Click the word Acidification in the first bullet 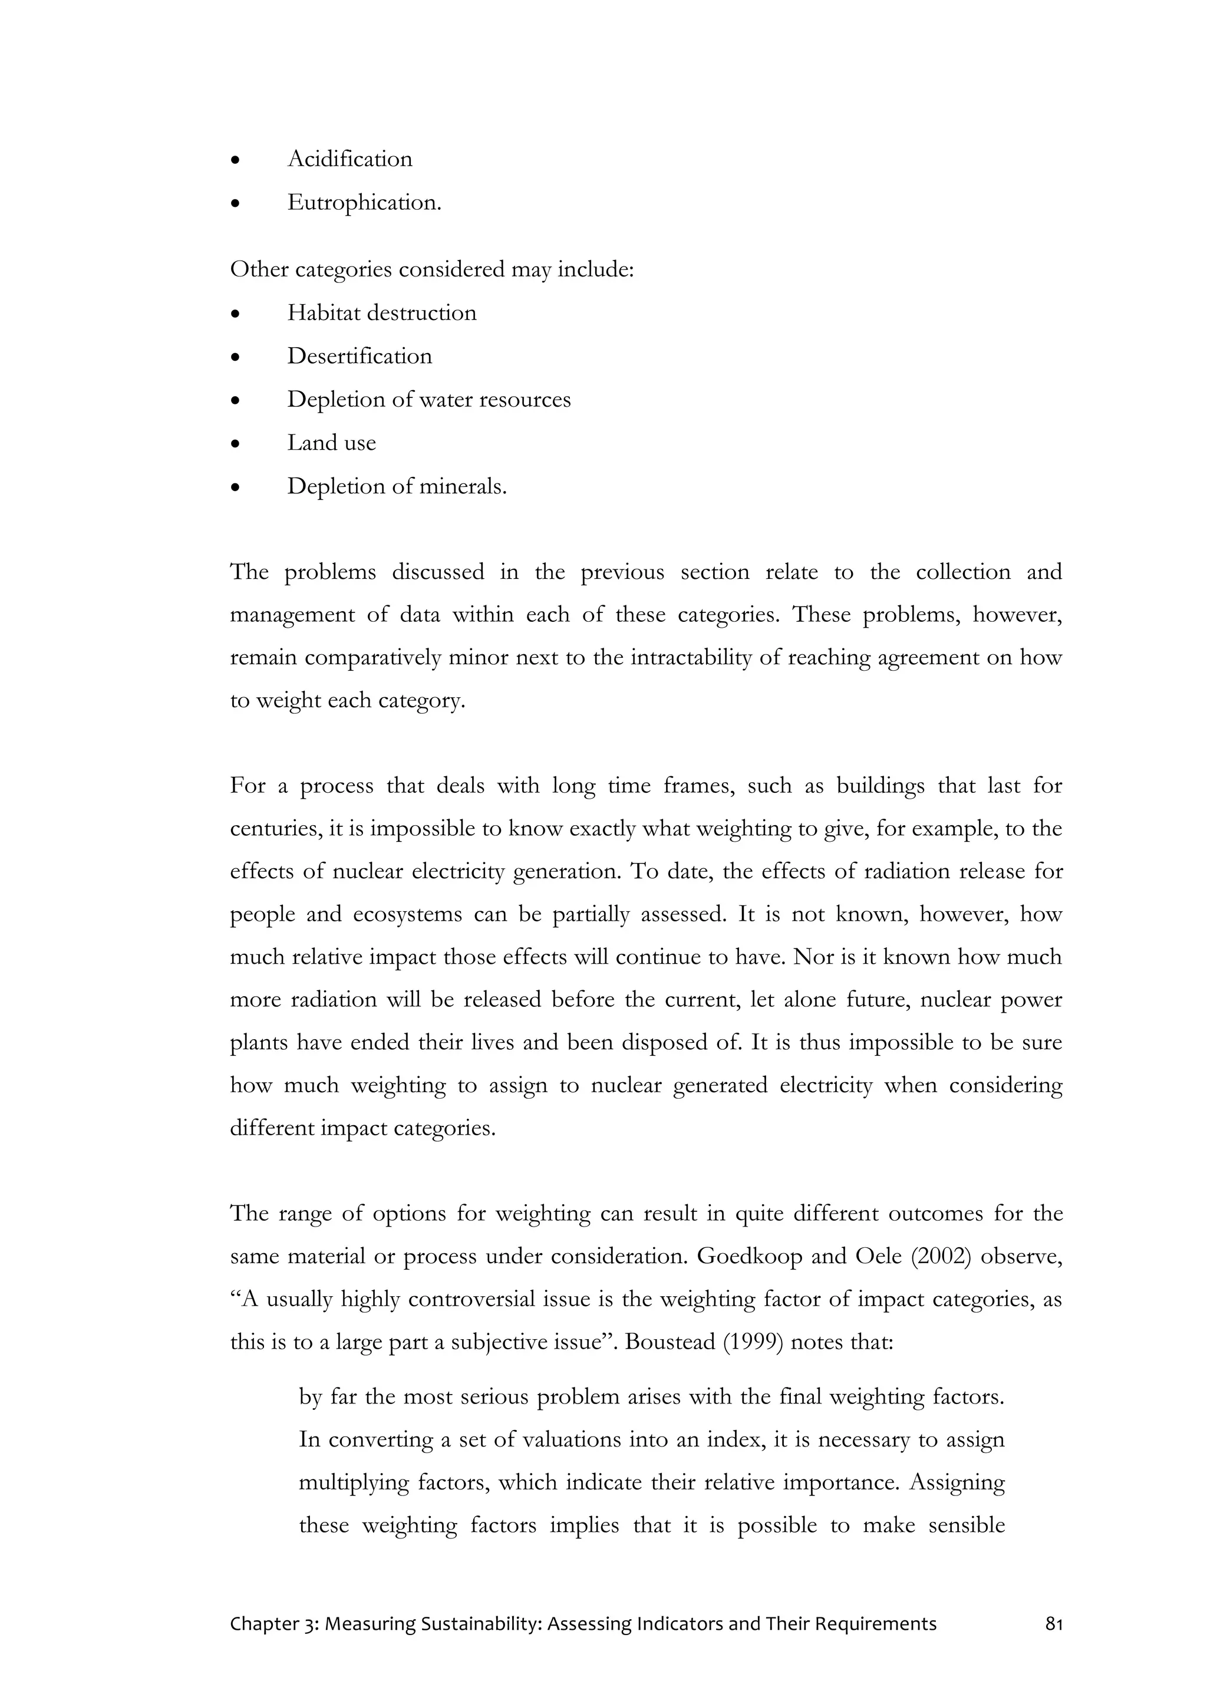click(x=349, y=159)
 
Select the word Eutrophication click(x=364, y=203)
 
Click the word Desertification click(x=360, y=356)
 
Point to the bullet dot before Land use click(x=236, y=444)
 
